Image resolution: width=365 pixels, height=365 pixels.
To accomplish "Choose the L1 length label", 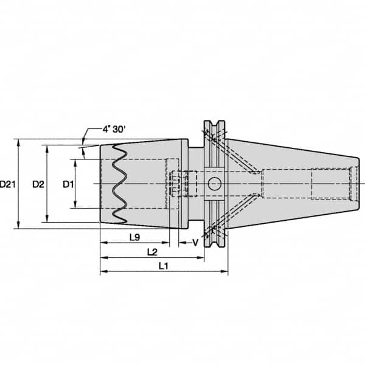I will click(x=164, y=266).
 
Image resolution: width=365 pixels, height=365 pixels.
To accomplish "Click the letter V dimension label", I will click(x=195, y=243).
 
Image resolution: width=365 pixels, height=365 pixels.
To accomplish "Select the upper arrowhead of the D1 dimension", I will click(x=75, y=162).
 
